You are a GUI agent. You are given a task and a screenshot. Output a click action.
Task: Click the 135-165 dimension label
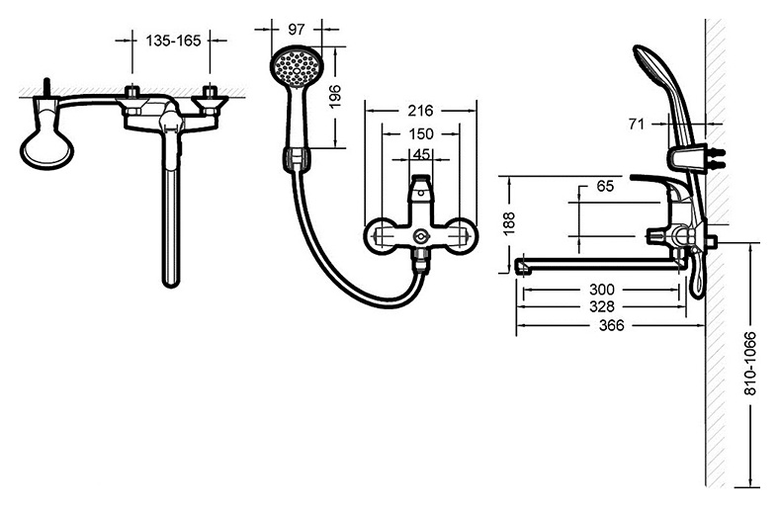(173, 41)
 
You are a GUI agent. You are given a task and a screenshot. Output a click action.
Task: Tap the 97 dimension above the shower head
(297, 30)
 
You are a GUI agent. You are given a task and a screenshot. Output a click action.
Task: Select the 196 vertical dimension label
(336, 96)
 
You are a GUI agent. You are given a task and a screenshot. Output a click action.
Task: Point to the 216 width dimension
(420, 111)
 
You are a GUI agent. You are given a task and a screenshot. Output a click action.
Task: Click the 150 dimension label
(421, 133)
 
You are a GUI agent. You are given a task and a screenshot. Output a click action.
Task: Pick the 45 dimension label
(421, 154)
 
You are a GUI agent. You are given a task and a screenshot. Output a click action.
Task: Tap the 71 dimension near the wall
(637, 124)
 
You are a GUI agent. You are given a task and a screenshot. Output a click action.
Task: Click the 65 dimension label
(605, 186)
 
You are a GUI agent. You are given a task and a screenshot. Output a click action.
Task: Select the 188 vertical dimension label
(510, 224)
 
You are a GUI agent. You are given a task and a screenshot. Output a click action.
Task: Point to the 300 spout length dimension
(602, 289)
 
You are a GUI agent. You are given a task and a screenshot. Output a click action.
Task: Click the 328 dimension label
(602, 306)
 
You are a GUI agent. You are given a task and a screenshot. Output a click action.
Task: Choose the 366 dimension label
(611, 325)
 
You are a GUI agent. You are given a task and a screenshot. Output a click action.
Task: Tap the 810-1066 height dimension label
(750, 363)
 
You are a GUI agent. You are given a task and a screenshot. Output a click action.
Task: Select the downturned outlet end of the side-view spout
(522, 266)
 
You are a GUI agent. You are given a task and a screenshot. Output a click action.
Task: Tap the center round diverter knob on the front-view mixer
(420, 237)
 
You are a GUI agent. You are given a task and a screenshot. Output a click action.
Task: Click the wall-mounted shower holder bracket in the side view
(688, 158)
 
